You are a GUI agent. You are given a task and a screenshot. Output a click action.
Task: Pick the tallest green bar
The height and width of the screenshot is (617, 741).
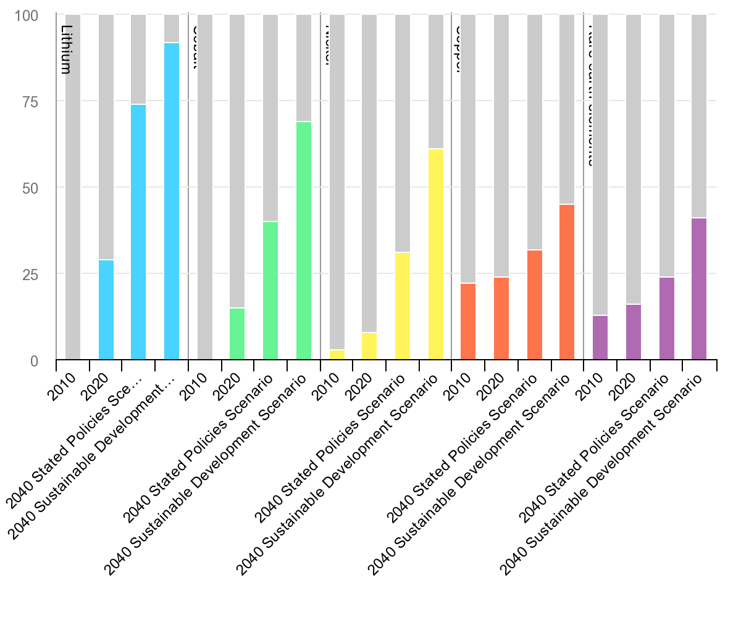click(304, 241)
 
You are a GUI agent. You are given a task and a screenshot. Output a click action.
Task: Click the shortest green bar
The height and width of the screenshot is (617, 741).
click(237, 334)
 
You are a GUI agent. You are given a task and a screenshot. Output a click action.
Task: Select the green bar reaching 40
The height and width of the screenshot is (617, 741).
click(270, 291)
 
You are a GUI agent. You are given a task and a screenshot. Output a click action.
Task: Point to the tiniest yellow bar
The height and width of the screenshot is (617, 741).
click(337, 355)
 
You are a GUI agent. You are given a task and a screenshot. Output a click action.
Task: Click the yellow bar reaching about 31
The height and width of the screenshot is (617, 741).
click(403, 306)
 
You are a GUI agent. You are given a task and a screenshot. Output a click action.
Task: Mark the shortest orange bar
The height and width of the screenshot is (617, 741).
click(468, 321)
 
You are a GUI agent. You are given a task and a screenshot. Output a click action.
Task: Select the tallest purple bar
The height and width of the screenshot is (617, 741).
click(699, 289)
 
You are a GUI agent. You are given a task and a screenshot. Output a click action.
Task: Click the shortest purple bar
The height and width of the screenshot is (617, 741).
click(600, 337)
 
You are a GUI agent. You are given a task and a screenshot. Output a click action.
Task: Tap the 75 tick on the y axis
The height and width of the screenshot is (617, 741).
click(30, 101)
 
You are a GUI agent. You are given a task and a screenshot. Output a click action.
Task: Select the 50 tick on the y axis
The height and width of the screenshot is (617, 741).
click(30, 188)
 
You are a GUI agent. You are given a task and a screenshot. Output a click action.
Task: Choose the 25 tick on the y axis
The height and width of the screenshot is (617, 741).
click(30, 274)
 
